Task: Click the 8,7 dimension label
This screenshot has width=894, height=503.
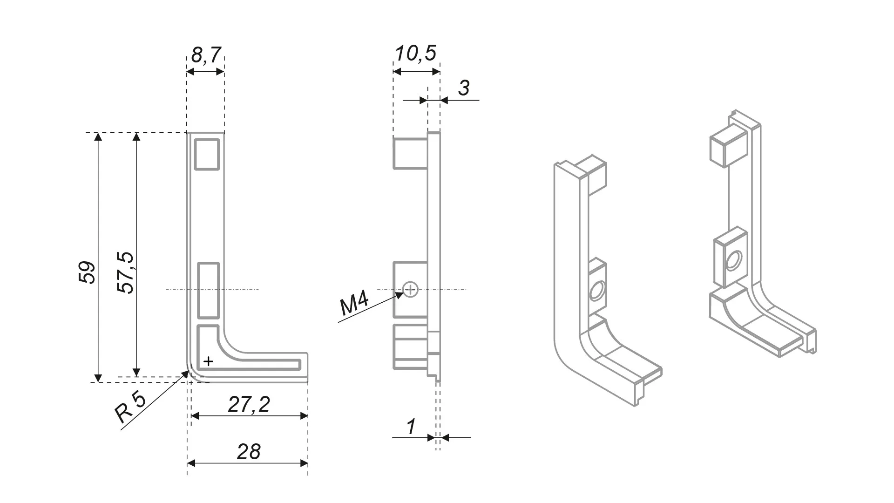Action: pos(206,55)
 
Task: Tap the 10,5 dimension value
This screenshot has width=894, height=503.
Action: pos(415,53)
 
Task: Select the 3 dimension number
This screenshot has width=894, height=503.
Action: pos(464,88)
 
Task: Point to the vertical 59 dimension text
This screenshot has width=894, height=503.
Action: pos(87,273)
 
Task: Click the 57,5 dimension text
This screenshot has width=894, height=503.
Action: pos(125,273)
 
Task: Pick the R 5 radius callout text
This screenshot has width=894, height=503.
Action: pos(131,407)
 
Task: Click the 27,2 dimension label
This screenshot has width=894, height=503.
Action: pos(249,404)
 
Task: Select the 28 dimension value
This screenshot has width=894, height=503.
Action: pos(249,451)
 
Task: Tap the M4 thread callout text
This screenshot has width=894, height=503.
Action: pos(354,304)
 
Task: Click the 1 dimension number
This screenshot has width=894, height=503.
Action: pos(411,427)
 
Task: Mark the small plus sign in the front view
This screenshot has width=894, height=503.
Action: pos(209,361)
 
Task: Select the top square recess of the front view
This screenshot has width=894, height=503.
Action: pos(207,154)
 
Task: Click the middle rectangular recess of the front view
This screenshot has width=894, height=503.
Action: pos(208,290)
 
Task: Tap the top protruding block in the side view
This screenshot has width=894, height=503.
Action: pos(410,153)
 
